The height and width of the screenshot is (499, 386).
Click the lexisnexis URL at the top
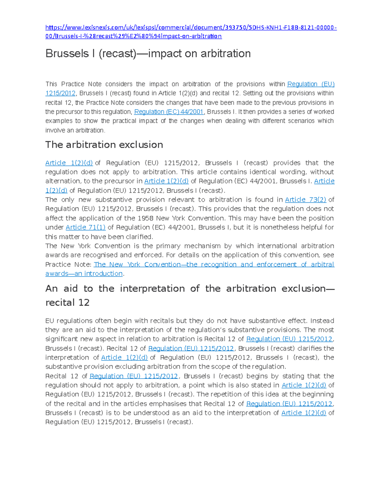pos(191,28)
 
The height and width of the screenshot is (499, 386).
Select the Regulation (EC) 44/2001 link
pos(169,112)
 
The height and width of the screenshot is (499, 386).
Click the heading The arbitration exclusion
pos(104,145)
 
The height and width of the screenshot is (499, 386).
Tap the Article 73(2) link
pos(305,200)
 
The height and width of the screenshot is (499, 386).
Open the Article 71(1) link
pos(86,227)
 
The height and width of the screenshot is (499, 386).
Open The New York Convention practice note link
pos(214,264)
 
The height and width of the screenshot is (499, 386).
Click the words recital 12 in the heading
pos(67,302)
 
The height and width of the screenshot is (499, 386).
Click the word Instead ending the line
pos(322,321)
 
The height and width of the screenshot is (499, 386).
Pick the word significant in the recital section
pos(61,339)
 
